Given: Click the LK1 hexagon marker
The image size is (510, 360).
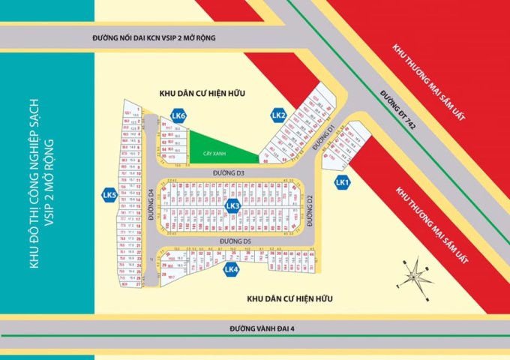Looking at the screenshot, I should point(342,181).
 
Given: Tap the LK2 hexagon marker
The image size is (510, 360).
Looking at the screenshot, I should point(278,115).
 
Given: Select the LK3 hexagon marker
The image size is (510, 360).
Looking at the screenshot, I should point(232,205).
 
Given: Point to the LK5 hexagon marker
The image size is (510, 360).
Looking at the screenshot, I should point(109,195).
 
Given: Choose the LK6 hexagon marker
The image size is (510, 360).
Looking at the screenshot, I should point(178,115).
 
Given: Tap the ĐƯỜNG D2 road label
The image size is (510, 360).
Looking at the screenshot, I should point(309,208).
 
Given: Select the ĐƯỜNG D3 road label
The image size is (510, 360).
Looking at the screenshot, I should point(228,173).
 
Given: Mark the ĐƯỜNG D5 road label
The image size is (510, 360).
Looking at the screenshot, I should point(234,241).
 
